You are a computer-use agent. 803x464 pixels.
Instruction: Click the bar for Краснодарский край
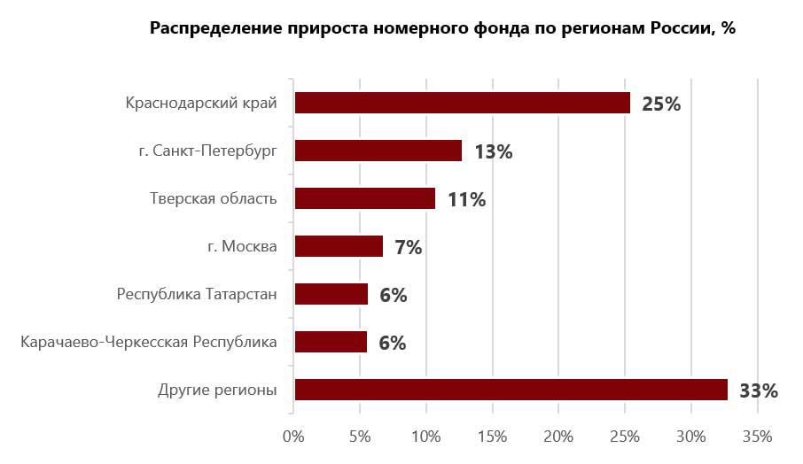[x=462, y=103]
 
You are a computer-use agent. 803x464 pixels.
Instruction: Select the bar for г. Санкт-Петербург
[x=378, y=151]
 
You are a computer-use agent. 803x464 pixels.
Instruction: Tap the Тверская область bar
[x=364, y=198]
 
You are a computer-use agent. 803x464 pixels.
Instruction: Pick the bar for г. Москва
[x=338, y=246]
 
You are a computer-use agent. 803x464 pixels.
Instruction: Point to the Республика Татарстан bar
[x=331, y=294]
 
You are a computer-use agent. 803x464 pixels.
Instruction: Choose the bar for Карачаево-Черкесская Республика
[x=330, y=342]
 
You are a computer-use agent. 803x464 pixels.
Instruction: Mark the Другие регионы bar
[x=511, y=390]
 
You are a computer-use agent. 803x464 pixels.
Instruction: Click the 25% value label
[x=660, y=104]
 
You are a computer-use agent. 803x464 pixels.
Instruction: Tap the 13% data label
[x=493, y=151]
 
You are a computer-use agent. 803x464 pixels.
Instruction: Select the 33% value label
[x=758, y=391]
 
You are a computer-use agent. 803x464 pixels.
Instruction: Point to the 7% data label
[x=408, y=247]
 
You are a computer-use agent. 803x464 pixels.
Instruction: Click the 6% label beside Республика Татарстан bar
[x=393, y=295]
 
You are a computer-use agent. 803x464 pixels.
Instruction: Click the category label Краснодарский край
[x=201, y=104]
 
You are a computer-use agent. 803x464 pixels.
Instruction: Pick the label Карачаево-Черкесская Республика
[x=148, y=342]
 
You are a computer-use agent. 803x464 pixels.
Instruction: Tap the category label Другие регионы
[x=217, y=390]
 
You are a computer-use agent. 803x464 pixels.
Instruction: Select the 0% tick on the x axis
[x=292, y=437]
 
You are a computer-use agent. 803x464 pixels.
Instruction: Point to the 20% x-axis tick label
[x=558, y=437]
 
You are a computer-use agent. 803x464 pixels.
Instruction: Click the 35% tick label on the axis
[x=757, y=437]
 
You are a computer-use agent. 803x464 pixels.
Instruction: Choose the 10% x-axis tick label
[x=425, y=437]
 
